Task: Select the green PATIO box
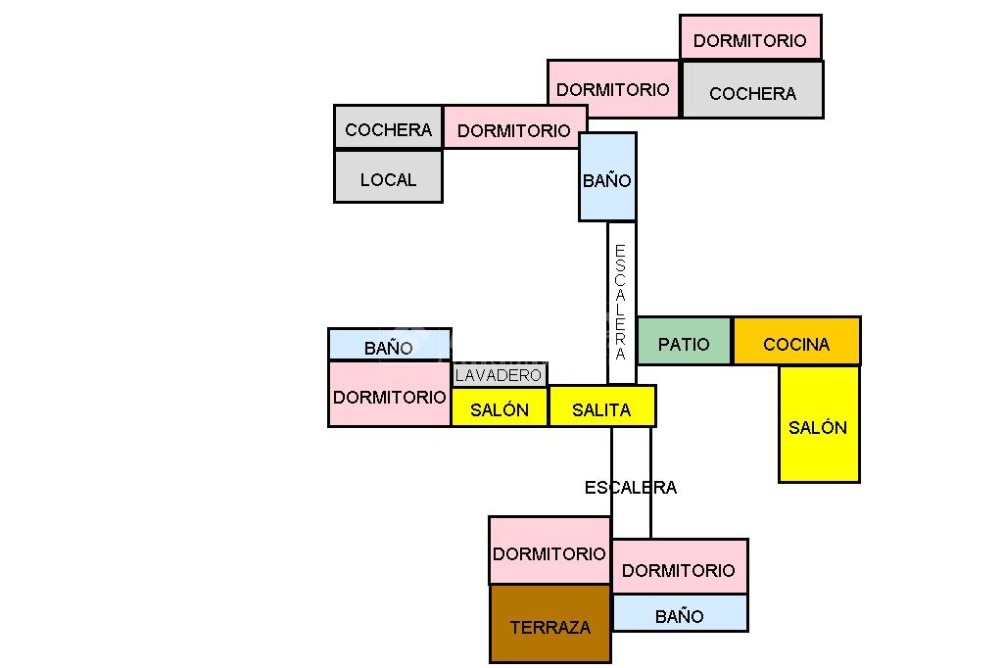[684, 342]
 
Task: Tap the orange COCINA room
[796, 342]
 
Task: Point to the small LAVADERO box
[499, 375]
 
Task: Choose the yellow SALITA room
[601, 407]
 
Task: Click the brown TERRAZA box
[549, 625]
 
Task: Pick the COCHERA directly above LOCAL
[388, 128]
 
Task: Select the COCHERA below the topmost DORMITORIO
[752, 91]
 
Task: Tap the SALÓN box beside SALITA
[500, 407]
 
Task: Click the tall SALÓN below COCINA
[819, 425]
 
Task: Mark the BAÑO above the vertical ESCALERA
[607, 178]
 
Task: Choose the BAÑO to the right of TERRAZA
[680, 614]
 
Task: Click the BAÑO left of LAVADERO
[389, 345]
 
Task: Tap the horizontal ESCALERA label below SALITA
[631, 487]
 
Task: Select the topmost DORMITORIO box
[750, 39]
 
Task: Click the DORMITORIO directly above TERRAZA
[549, 551]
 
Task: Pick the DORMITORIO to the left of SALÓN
[390, 395]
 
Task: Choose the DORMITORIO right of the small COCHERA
[514, 128]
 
